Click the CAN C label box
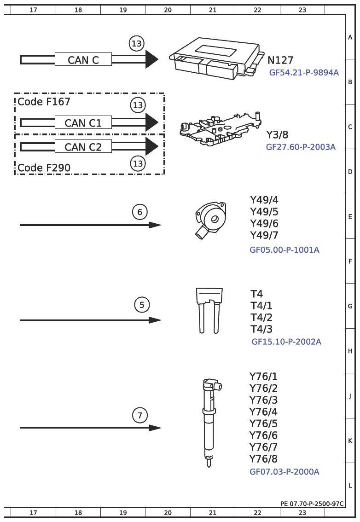(x=83, y=59)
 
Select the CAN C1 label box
(x=83, y=122)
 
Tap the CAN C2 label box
(x=83, y=146)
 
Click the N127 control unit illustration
(x=215, y=58)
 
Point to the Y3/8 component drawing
(x=220, y=129)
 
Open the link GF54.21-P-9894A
(x=304, y=73)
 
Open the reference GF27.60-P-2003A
(x=301, y=147)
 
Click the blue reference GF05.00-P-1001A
(x=285, y=249)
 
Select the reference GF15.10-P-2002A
(x=286, y=342)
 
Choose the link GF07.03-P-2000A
(x=285, y=472)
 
